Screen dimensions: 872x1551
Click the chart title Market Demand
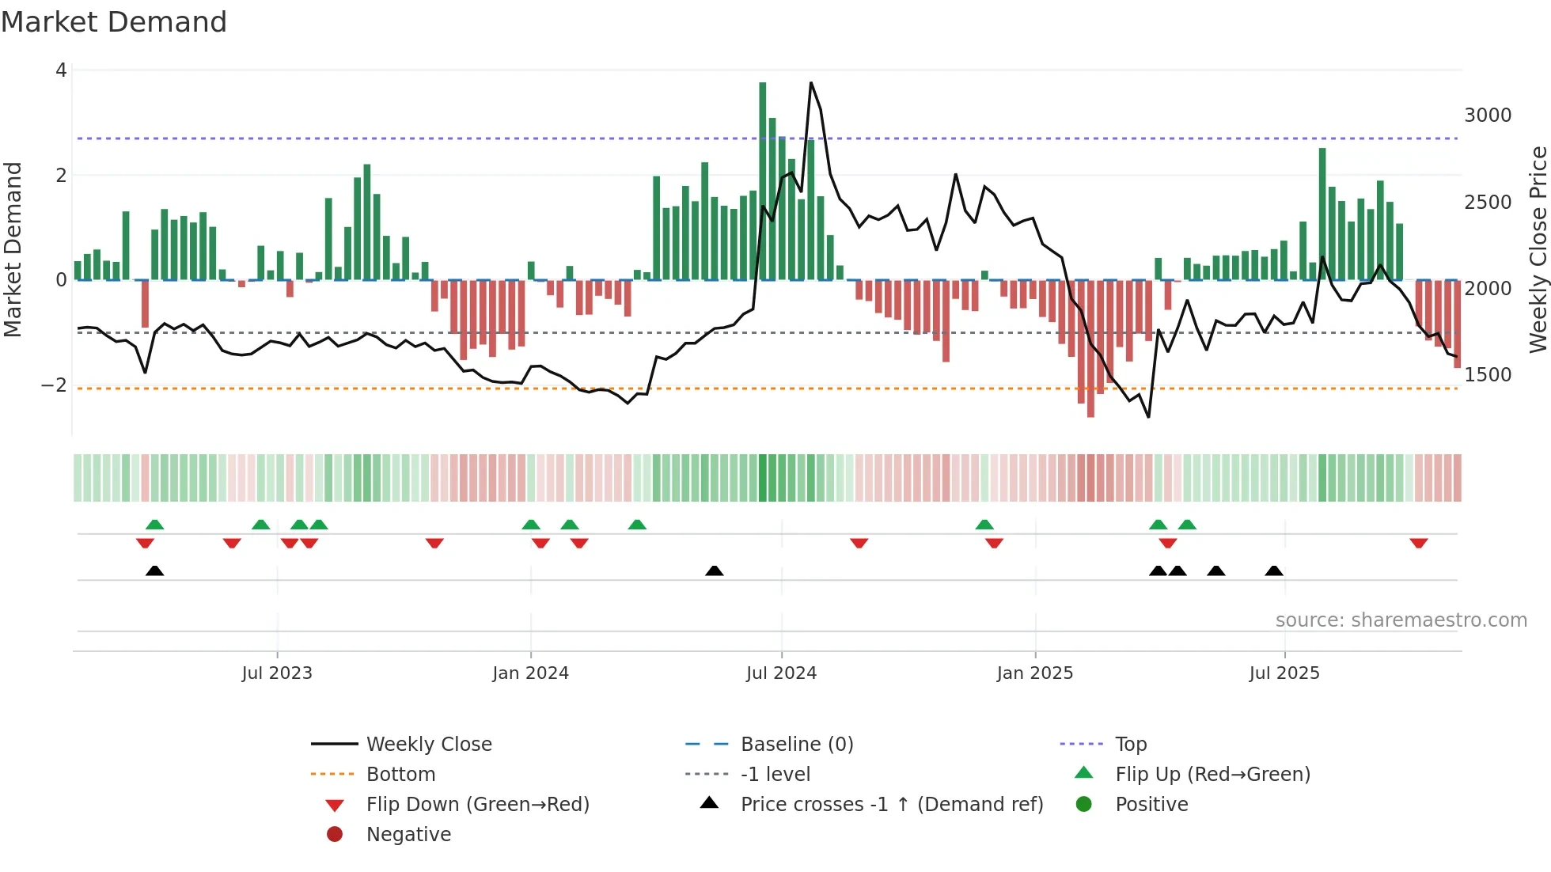(x=114, y=22)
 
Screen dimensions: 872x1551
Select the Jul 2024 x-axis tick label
(x=781, y=673)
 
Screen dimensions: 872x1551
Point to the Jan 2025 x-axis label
(x=1034, y=673)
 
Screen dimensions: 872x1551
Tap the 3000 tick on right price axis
(x=1487, y=116)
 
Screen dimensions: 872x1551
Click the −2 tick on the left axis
(x=54, y=385)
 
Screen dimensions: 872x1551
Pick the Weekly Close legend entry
(x=428, y=745)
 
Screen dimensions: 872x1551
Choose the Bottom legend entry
(x=400, y=775)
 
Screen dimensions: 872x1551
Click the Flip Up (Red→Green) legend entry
(x=1212, y=775)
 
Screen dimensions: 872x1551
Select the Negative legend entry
(x=408, y=835)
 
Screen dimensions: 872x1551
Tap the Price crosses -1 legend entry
(x=891, y=805)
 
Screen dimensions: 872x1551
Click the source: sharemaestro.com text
(x=1401, y=620)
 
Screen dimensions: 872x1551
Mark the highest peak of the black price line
(x=811, y=83)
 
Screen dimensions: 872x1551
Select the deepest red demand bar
(x=1090, y=348)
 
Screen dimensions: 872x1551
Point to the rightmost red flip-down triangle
(x=1418, y=544)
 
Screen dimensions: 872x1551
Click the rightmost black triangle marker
(x=1273, y=571)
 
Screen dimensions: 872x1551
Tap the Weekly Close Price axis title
(x=1538, y=249)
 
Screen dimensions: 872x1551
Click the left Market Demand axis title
(x=13, y=249)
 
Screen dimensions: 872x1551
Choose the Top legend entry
(x=1131, y=745)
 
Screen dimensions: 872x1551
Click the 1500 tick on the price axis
(x=1487, y=375)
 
